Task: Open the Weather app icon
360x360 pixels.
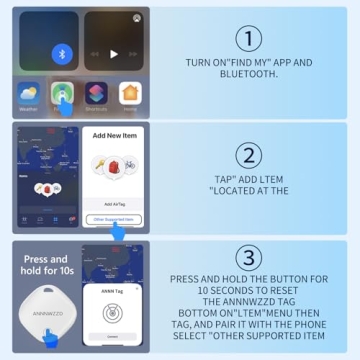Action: click(27, 96)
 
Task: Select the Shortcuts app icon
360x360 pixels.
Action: click(97, 94)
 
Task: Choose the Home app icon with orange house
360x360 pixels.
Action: click(130, 94)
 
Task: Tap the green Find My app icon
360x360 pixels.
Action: click(62, 95)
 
